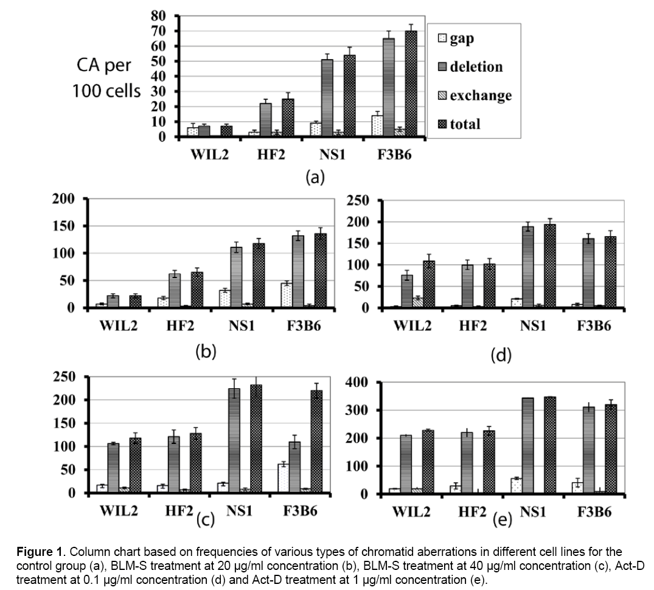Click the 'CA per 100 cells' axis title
(105, 78)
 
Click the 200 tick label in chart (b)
(63, 198)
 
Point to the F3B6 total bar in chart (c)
(316, 442)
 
